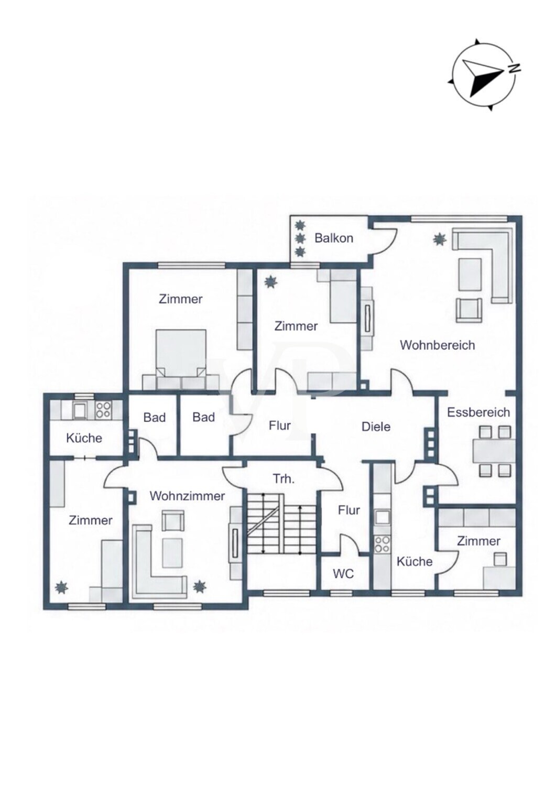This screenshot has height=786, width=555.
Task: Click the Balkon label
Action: [333, 238]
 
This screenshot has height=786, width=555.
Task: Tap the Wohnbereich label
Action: [437, 345]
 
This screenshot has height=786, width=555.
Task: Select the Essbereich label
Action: [478, 412]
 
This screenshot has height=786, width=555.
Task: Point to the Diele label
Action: [376, 427]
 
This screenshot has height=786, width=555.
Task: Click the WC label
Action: [343, 574]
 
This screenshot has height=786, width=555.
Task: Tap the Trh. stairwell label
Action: [284, 479]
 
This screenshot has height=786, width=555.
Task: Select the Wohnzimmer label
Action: [187, 496]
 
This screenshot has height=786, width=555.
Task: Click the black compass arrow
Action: [483, 78]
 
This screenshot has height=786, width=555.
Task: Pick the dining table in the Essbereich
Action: [494, 451]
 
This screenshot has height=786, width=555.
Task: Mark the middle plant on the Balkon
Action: [300, 238]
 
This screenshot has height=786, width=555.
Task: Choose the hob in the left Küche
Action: [103, 409]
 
